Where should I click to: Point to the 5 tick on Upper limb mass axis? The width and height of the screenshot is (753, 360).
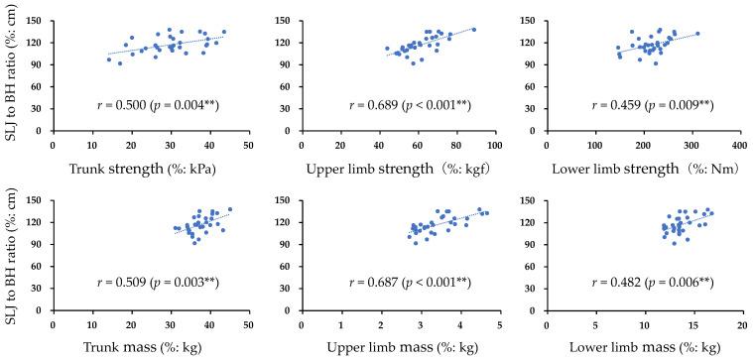(498, 323)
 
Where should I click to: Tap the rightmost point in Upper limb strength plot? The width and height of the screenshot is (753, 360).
(473, 30)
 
